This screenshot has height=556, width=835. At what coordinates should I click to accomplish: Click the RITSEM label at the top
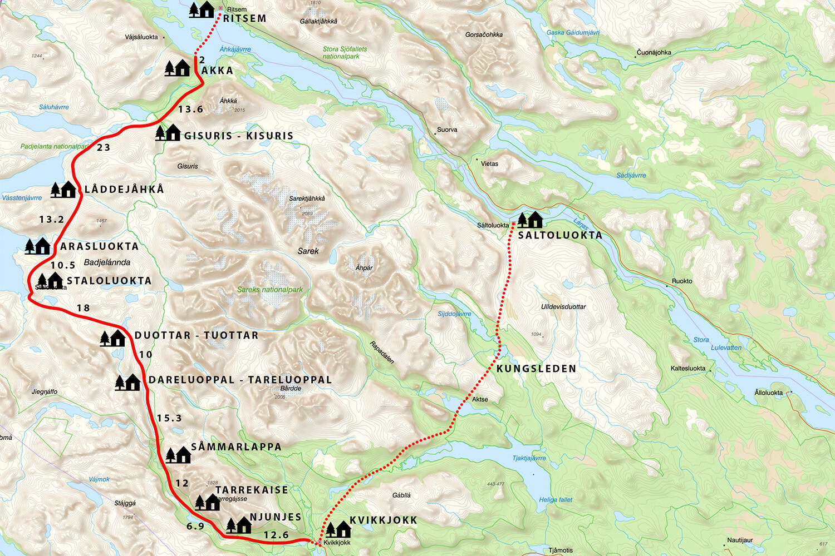245,18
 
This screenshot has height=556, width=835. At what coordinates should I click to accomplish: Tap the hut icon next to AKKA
178,68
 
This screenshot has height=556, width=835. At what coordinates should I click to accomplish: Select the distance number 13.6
190,110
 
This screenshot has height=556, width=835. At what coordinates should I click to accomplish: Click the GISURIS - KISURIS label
238,136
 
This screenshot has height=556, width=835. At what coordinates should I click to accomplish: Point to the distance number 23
104,147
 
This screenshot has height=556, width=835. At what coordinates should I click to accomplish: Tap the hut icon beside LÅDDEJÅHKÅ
63,190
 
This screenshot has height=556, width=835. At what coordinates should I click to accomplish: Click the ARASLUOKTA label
99,246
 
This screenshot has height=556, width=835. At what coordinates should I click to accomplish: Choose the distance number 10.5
63,266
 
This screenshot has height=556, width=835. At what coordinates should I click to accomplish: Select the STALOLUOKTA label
109,281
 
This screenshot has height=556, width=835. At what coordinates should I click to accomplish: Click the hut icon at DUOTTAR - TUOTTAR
112,337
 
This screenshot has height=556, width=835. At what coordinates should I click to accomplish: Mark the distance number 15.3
169,418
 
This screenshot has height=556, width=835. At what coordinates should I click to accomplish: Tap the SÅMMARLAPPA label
236,447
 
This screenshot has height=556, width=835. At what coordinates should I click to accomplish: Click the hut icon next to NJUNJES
239,525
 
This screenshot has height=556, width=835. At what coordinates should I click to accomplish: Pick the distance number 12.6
276,535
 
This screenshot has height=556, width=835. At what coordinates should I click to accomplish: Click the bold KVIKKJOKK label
383,520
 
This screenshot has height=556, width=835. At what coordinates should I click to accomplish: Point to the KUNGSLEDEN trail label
536,369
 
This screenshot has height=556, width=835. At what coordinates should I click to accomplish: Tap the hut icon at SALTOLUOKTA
530,220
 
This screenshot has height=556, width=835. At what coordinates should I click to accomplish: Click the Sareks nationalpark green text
270,290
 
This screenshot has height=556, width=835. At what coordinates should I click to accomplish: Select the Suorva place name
447,130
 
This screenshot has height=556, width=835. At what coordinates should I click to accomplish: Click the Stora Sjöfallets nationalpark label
345,53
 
